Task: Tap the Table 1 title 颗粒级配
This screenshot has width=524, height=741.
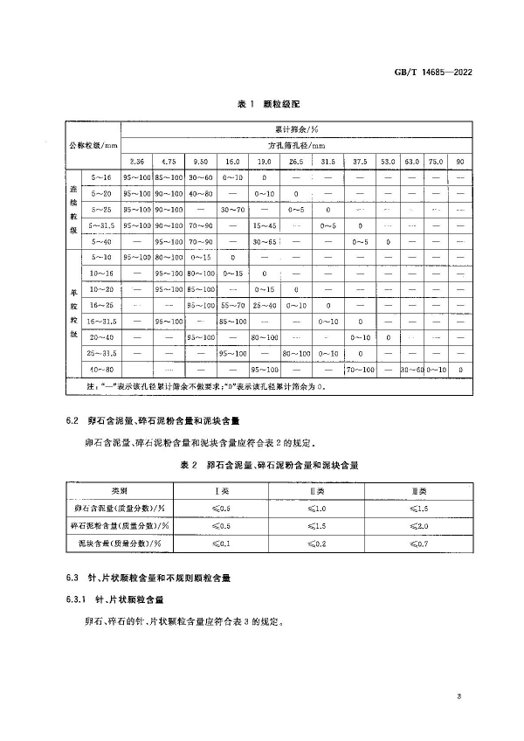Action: point(267,103)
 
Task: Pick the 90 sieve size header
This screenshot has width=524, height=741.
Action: point(460,162)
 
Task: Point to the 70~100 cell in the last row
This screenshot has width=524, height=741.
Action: point(360,370)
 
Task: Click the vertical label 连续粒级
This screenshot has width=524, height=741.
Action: point(73,209)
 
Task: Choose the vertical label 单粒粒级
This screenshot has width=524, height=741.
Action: point(73,313)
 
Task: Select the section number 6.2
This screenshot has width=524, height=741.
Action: point(73,421)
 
